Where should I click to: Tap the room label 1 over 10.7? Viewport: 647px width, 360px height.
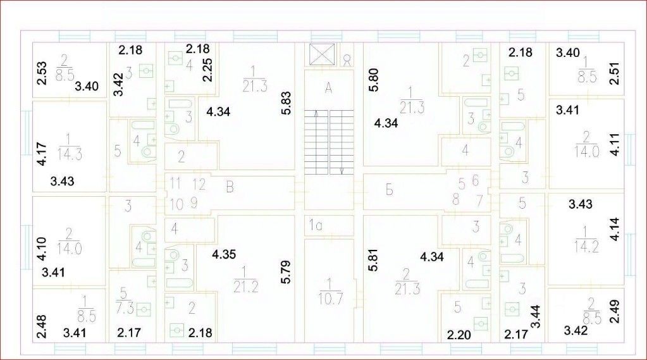[329, 291]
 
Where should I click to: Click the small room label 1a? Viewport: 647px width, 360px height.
[316, 224]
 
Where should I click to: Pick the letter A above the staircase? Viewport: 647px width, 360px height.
[328, 89]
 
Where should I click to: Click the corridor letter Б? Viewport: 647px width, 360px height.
[390, 188]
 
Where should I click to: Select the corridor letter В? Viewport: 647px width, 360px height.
[230, 187]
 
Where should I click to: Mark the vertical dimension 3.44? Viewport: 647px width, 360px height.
[534, 315]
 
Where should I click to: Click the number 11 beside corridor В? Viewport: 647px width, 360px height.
[175, 183]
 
